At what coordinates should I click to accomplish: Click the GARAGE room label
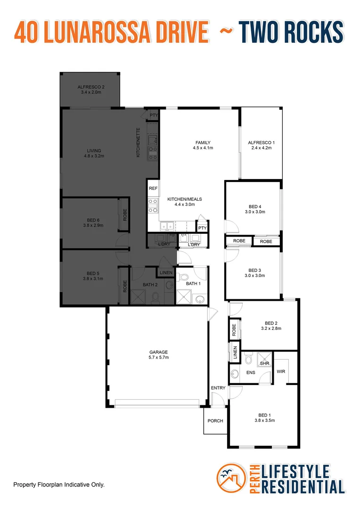[x=158, y=352]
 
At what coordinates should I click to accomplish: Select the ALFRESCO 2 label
[x=91, y=87]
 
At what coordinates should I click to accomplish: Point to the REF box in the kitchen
[x=153, y=188]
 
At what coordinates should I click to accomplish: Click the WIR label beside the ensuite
[x=281, y=372]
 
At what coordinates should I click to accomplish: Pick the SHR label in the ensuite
[x=264, y=363]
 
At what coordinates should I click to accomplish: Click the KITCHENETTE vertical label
[x=138, y=142]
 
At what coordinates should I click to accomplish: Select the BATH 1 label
[x=193, y=283]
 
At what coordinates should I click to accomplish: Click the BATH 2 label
[x=151, y=285]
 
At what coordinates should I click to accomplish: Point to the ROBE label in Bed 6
[x=125, y=216]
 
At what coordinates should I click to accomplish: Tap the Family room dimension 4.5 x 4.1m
[x=203, y=148]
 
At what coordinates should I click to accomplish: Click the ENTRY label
[x=218, y=388]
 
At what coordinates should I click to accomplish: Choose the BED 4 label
[x=255, y=206]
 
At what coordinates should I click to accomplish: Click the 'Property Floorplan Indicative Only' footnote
[x=59, y=484]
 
